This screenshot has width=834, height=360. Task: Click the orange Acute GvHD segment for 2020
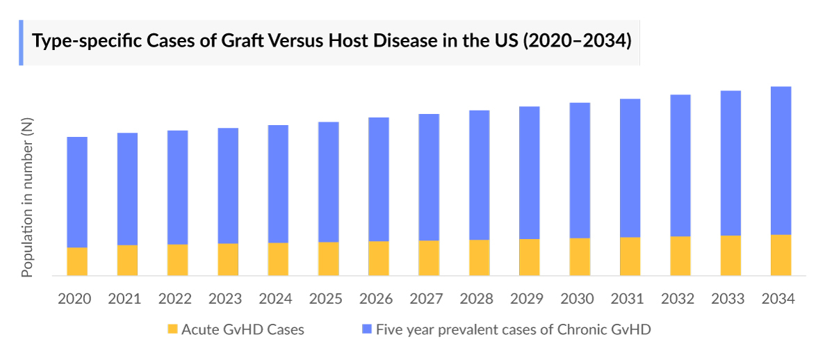point(77,261)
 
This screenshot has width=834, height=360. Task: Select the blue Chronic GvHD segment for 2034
point(781,161)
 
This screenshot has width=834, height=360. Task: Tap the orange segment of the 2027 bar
point(429,258)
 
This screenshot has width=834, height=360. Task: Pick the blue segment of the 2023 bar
point(228,186)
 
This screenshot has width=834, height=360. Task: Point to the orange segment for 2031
point(630,256)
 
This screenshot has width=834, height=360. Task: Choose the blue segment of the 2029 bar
point(530,172)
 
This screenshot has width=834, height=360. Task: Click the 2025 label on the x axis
point(326,299)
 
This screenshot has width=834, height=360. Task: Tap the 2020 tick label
point(74,299)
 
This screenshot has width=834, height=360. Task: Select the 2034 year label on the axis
point(778,299)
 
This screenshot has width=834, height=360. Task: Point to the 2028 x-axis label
point(477,299)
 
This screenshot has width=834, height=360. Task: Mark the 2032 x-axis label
point(678,299)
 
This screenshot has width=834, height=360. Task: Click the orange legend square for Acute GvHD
point(172,329)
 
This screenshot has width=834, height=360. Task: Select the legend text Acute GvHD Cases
point(243,329)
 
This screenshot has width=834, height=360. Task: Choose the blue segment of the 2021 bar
point(127,189)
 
